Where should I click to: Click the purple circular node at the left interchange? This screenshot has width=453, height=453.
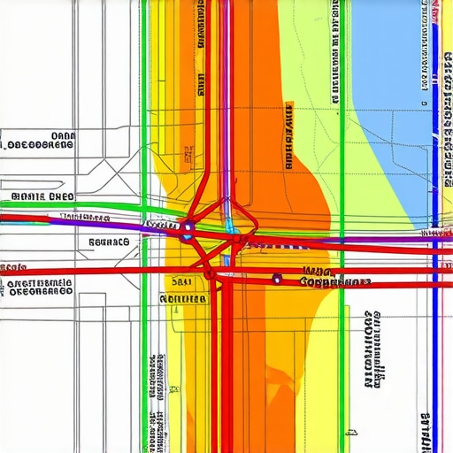pyautogui.click(x=187, y=234)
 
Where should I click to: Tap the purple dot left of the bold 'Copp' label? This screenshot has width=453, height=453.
pyautogui.click(x=277, y=280)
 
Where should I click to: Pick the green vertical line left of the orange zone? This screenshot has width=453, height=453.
pyautogui.click(x=143, y=133)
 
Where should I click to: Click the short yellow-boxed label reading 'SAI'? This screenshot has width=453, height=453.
pyautogui.click(x=180, y=282)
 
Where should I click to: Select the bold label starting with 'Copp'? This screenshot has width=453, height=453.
pyautogui.click(x=334, y=282)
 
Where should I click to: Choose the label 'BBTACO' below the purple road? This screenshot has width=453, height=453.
pyautogui.click(x=109, y=241)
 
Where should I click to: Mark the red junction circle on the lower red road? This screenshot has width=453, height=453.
pyautogui.click(x=211, y=274)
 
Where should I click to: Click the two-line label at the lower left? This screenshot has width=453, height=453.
pyautogui.click(x=39, y=287)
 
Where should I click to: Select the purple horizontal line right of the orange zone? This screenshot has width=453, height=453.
pyautogui.click(x=372, y=239)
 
